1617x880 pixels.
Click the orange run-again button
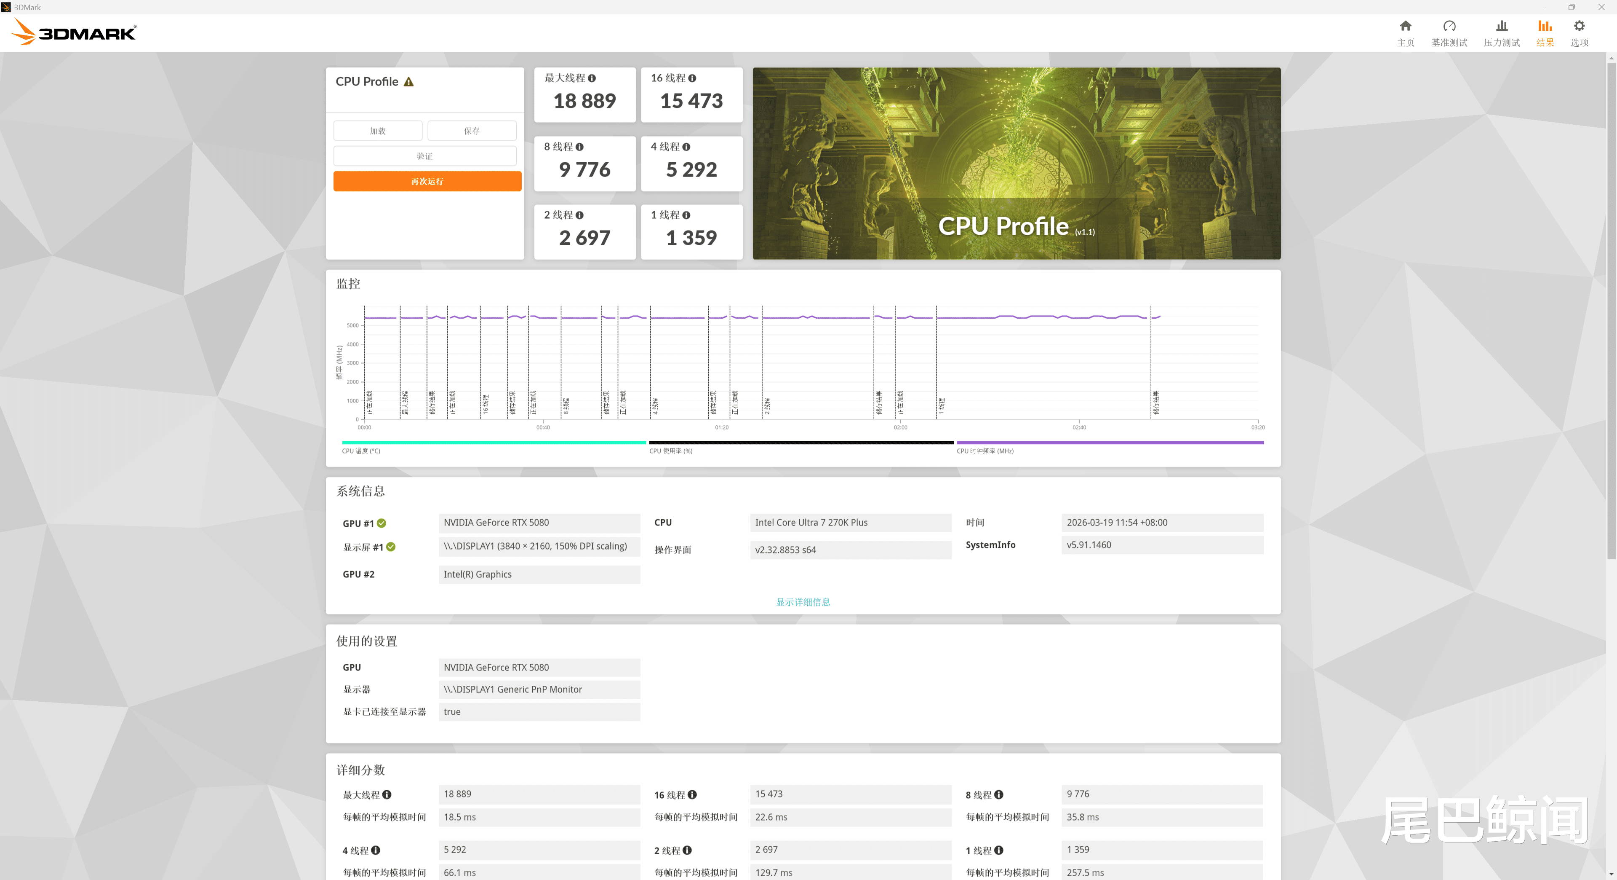(427, 182)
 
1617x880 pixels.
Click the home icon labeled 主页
(1406, 32)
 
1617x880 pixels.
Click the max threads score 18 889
(584, 101)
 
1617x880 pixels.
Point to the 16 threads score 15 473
(691, 101)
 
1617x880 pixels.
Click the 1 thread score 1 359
(691, 238)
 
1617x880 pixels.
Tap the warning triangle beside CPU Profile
(408, 82)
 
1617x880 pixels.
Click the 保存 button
(472, 131)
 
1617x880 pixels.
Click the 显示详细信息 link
(803, 602)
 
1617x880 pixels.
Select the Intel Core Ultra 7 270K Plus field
(850, 523)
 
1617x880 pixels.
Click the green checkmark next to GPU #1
(382, 523)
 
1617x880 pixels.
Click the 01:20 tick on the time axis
(722, 427)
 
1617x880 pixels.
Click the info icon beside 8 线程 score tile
(579, 147)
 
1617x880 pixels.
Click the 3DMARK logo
(74, 32)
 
